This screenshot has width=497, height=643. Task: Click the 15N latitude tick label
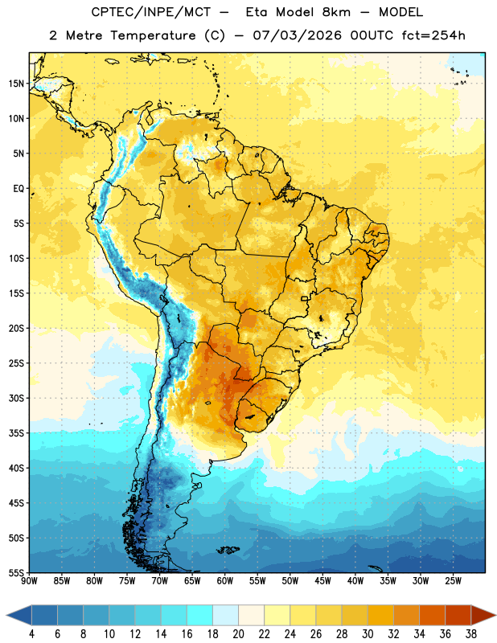[16, 84]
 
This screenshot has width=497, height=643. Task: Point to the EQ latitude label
[18, 189]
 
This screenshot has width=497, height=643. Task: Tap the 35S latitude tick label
[16, 433]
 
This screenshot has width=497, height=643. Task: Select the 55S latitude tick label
[16, 572]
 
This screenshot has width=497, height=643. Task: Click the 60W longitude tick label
[225, 581]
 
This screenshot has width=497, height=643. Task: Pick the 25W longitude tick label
[453, 581]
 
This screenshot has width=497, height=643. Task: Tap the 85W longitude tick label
[62, 581]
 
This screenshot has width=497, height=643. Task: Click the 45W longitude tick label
[322, 581]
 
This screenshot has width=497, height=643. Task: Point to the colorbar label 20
[238, 634]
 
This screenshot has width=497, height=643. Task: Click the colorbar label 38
[470, 634]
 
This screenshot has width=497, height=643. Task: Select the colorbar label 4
[31, 634]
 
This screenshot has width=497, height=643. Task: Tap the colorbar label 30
[368, 634]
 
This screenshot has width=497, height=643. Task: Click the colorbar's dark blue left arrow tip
[6, 615]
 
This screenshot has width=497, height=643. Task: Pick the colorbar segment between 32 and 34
[406, 615]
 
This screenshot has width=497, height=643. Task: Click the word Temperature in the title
[153, 35]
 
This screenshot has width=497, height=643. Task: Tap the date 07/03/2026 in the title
[297, 35]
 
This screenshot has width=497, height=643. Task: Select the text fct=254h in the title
[433, 35]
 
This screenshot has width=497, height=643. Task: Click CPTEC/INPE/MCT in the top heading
[150, 12]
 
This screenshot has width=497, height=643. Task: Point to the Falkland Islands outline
[228, 550]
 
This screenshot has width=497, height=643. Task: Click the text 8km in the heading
[336, 12]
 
